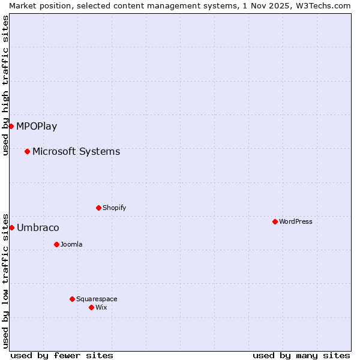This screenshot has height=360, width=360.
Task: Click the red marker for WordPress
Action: tap(275, 221)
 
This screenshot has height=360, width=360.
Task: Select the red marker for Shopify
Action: tap(98, 208)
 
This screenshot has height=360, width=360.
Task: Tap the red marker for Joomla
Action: tap(56, 244)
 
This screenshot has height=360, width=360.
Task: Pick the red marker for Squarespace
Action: tap(72, 299)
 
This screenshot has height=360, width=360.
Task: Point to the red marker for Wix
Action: tap(91, 307)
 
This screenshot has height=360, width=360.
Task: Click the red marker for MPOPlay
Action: tap(11, 126)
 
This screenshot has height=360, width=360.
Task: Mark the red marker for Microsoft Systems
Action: tap(27, 151)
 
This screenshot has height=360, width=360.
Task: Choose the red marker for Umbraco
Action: tap(11, 227)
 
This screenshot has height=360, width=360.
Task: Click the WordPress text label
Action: tap(295, 221)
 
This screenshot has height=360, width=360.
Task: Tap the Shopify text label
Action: tap(114, 208)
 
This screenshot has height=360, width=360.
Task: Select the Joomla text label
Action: tap(71, 244)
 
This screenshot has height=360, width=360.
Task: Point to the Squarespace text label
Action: tap(97, 299)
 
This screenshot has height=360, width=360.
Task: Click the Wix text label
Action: tap(101, 307)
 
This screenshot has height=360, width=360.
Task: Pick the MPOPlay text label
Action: tap(37, 126)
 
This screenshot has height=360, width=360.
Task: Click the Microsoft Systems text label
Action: tap(76, 151)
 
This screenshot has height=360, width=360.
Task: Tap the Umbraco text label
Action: tap(38, 227)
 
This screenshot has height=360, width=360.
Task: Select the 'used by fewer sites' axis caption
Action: tap(62, 355)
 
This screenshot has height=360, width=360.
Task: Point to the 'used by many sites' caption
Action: tap(301, 355)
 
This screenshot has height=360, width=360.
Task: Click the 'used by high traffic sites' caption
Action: tap(5, 85)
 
